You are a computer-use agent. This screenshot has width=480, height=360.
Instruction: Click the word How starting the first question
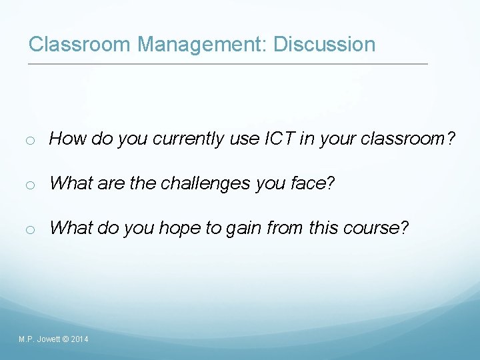[65, 139]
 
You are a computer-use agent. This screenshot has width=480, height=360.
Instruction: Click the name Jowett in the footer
[49, 340]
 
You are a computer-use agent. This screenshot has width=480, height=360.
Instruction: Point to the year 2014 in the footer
[79, 340]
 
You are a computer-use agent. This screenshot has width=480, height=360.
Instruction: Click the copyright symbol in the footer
[65, 340]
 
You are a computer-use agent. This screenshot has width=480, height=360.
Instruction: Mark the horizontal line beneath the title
[227, 64]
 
